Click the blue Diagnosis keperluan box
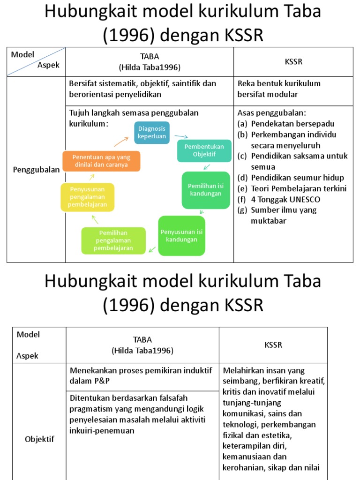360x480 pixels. (152, 133)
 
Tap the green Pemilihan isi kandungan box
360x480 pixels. (206, 190)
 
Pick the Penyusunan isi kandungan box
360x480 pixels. (181, 236)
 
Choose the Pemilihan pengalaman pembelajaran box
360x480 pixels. (113, 240)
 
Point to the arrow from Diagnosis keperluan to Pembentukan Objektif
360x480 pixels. (181, 136)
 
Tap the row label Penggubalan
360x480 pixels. (36, 170)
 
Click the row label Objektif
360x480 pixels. (39, 439)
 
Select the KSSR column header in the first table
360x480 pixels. (293, 61)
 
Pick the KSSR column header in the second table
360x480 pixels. (273, 345)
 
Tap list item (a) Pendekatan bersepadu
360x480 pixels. (286, 124)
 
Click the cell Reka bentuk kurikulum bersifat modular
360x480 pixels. (279, 89)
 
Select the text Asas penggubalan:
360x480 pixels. (271, 113)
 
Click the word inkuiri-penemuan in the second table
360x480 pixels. (102, 430)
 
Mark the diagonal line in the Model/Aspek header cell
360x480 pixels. (36, 61)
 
